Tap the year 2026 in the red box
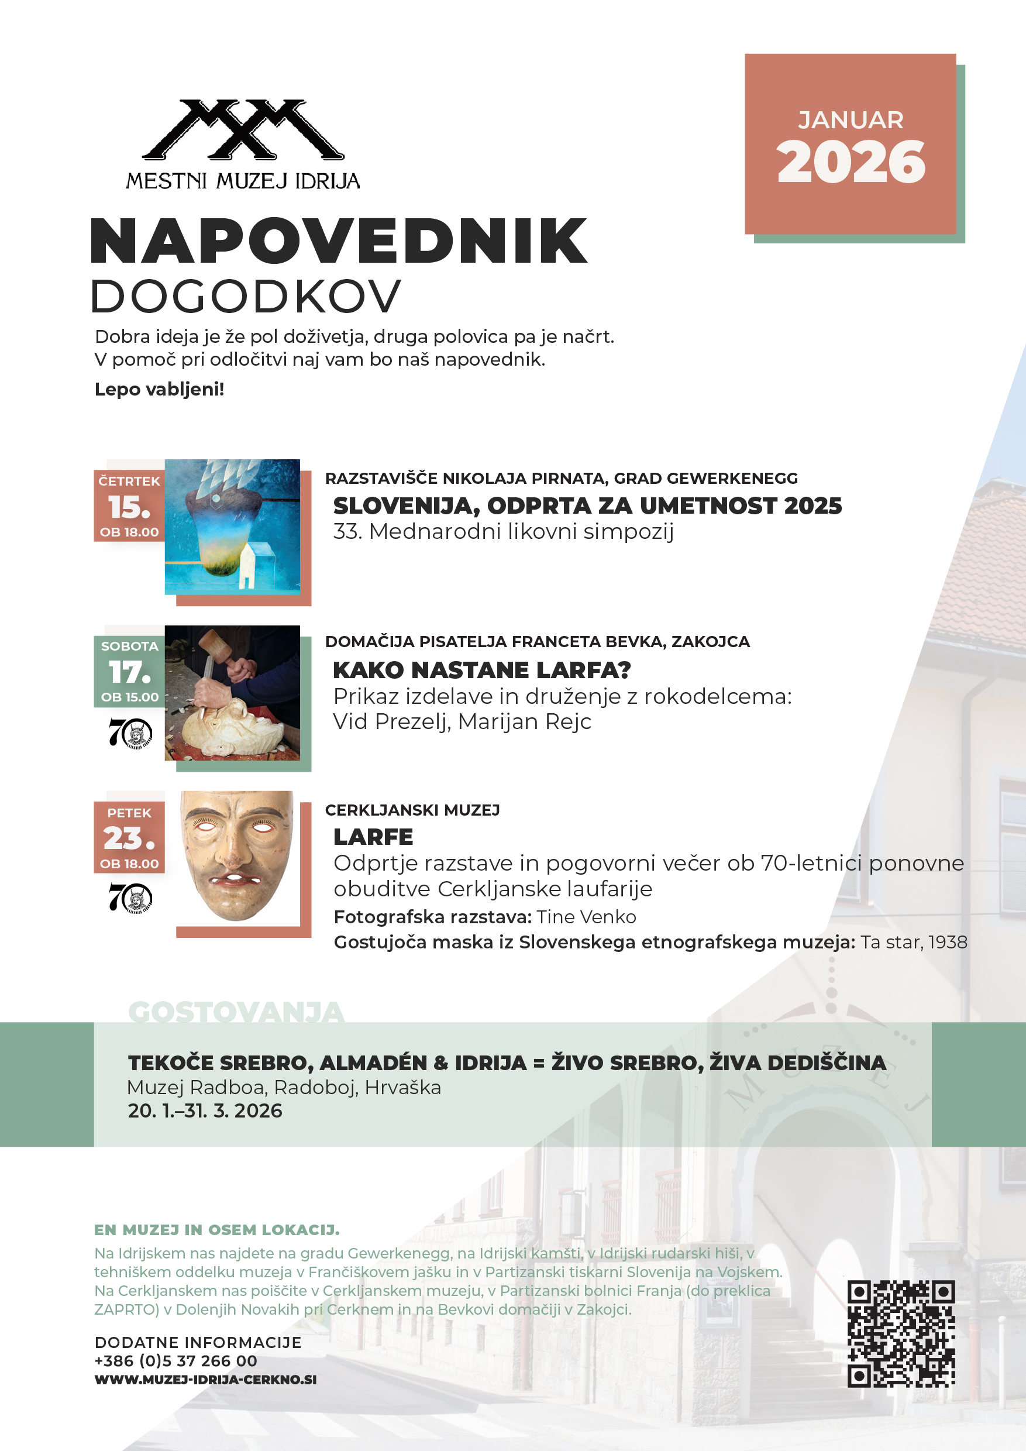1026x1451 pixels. coord(851,163)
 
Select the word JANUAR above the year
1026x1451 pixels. coord(851,120)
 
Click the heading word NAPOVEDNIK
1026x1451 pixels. coord(339,241)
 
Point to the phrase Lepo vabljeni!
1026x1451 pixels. coord(159,389)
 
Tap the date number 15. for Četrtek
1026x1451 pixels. coord(129,507)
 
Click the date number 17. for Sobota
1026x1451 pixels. coord(129,672)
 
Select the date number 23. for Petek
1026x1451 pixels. coord(129,838)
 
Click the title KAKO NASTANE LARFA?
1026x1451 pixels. coord(481,670)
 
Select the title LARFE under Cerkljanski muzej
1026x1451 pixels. coord(373,837)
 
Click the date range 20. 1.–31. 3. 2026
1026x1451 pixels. coord(205,1110)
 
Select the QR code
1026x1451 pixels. coord(900,1333)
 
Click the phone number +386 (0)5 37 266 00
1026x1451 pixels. coord(175,1361)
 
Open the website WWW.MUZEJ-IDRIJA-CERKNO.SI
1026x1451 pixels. coord(205,1380)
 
